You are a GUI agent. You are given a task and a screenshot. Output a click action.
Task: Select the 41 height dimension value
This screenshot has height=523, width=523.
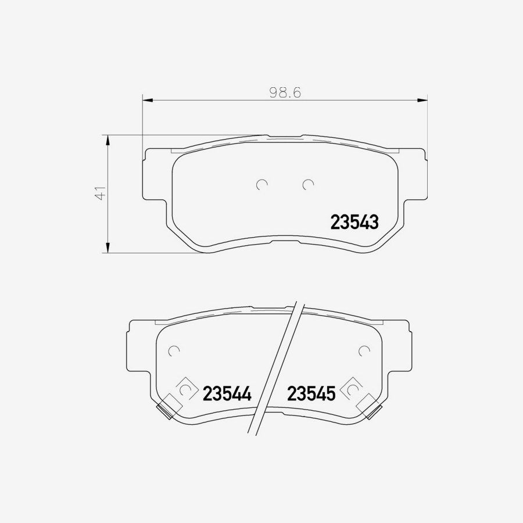101,194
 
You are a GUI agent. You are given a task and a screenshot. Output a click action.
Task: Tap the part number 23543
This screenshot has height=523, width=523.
354,222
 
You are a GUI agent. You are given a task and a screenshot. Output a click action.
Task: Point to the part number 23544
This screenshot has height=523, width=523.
227,394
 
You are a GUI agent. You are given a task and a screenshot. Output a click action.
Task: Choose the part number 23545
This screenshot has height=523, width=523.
311,394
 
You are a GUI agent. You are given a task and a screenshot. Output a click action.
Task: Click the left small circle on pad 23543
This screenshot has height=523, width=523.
261,184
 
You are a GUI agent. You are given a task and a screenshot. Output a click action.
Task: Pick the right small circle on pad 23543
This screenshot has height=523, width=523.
308,184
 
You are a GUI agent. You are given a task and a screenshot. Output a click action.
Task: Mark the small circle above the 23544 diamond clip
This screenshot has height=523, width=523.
173,350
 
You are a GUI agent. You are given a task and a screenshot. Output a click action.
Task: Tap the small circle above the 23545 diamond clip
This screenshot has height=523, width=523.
364,350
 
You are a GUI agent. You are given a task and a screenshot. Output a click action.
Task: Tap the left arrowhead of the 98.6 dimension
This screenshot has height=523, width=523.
147,101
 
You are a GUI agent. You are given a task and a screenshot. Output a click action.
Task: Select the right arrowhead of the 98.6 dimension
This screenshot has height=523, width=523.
423,101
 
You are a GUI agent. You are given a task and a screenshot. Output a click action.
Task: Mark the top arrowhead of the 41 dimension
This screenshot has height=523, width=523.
107,139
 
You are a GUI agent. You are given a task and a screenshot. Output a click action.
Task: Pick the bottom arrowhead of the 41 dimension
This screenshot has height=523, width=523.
107,248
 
